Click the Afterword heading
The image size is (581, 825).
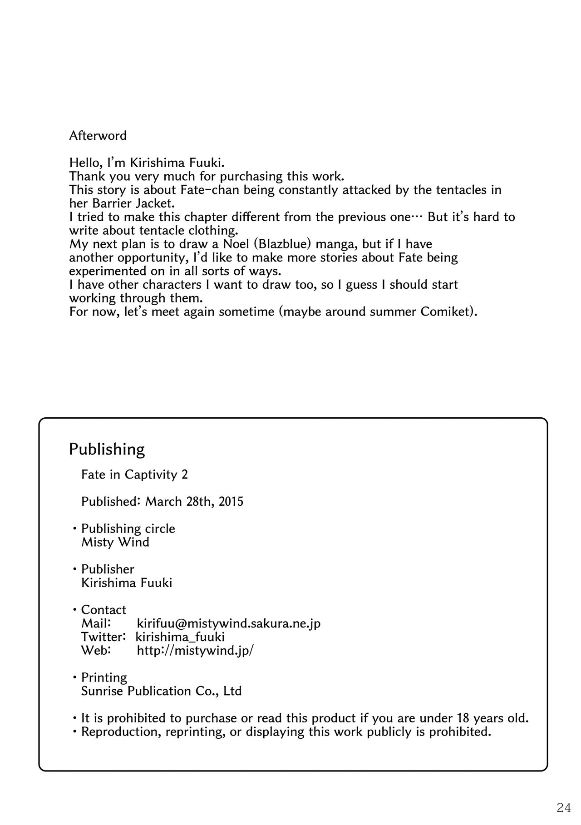(98, 135)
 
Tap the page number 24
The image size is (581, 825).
(563, 807)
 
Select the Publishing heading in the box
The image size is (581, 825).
(107, 449)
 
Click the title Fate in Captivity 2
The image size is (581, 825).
(134, 474)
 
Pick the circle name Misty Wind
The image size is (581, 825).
(115, 542)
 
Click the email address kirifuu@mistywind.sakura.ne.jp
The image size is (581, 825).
(229, 623)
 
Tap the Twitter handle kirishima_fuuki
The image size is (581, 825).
(180, 637)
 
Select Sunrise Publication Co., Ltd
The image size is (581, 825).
(161, 691)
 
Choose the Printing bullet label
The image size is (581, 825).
(104, 677)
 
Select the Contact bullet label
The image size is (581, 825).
(103, 610)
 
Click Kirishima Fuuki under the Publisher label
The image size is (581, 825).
(127, 583)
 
